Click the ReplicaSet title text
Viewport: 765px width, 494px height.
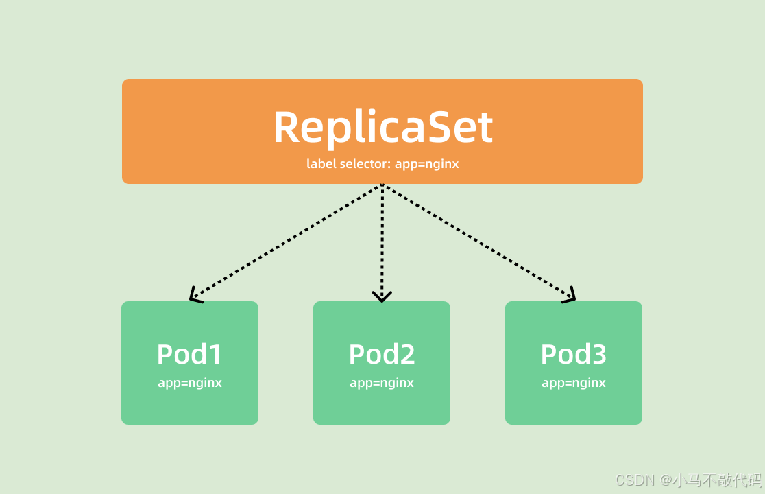pyautogui.click(x=382, y=127)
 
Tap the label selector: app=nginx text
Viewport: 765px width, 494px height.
pyautogui.click(x=382, y=165)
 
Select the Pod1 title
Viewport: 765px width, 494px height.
pyautogui.click(x=190, y=354)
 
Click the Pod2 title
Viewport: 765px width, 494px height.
pyautogui.click(x=382, y=354)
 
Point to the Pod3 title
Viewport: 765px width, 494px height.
pyautogui.click(x=574, y=354)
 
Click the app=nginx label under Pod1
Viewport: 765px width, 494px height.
pyautogui.click(x=190, y=383)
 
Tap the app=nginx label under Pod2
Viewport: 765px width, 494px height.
pyautogui.click(x=382, y=383)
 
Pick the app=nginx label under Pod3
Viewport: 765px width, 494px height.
pyautogui.click(x=574, y=383)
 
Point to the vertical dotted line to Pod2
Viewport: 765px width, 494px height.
pyautogui.click(x=382, y=240)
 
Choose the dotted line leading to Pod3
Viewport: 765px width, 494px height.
pyautogui.click(x=476, y=240)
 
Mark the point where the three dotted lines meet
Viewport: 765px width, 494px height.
pyautogui.click(x=382, y=185)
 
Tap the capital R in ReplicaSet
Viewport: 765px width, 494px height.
pyautogui.click(x=288, y=128)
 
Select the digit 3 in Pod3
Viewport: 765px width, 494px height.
pyautogui.click(x=598, y=354)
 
